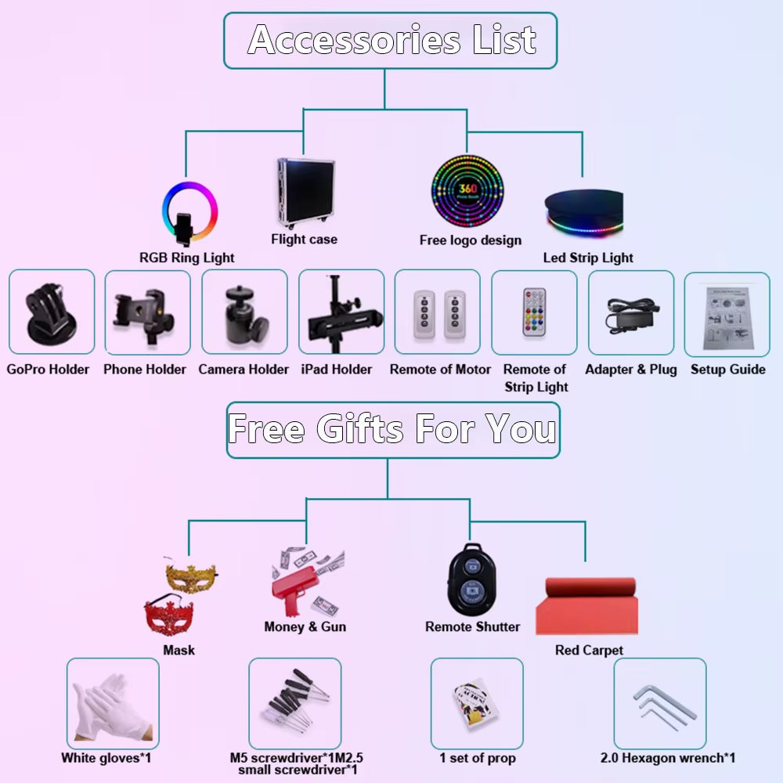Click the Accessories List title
pos(391,40)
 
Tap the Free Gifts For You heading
pos(392,430)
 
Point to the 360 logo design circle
pos(467,191)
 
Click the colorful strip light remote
pos(534,312)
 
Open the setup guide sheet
pos(727,314)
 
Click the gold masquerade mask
pos(191,578)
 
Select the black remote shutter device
pos(472,580)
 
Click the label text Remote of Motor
pos(440,370)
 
